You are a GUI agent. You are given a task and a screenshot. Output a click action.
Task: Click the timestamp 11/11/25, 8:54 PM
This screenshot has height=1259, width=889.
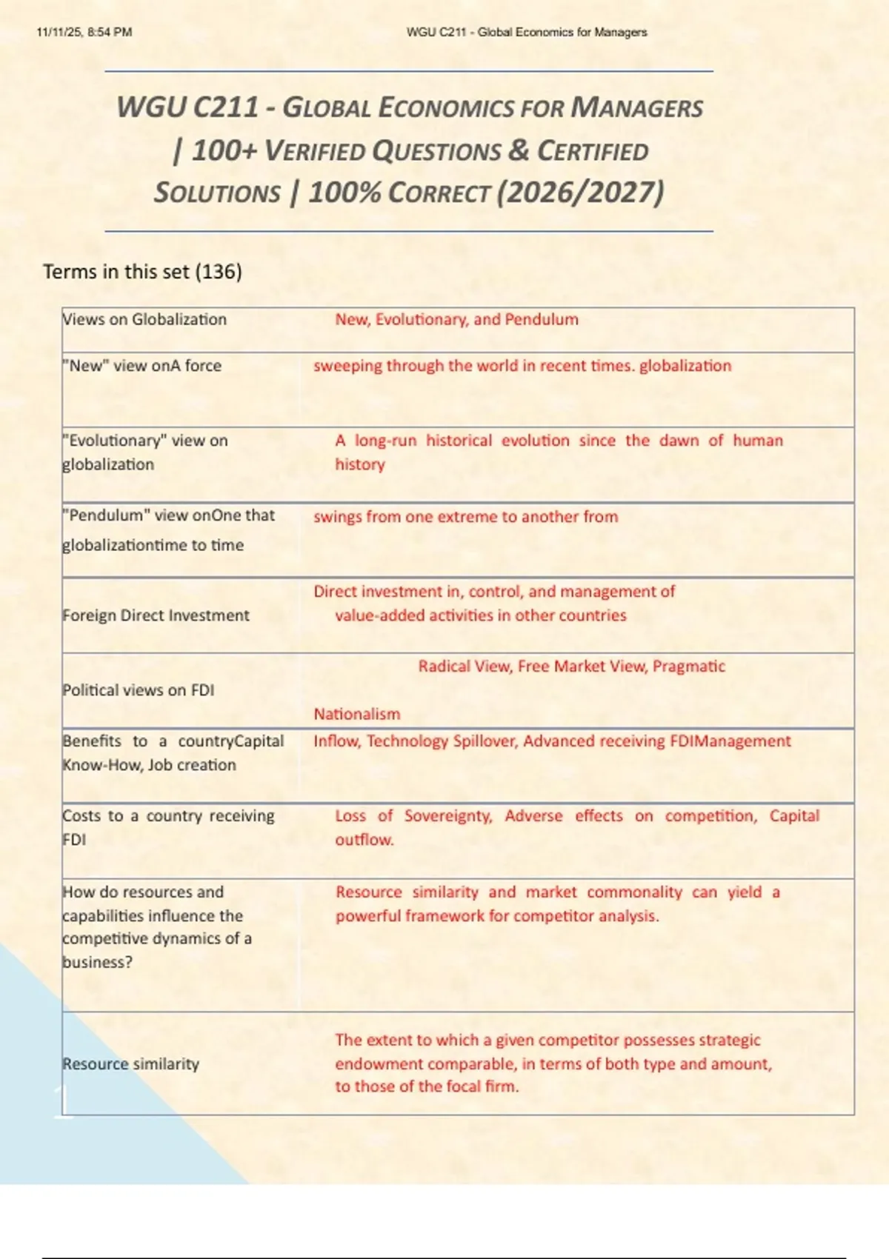coord(84,33)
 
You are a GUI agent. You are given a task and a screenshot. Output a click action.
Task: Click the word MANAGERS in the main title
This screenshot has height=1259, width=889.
coord(636,108)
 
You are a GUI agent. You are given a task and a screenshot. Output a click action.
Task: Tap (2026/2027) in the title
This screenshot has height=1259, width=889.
coord(580,193)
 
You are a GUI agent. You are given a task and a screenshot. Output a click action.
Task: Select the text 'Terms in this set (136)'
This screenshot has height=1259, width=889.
coord(142,272)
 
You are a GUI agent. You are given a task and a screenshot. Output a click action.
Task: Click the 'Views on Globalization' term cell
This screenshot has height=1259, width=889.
coord(144,319)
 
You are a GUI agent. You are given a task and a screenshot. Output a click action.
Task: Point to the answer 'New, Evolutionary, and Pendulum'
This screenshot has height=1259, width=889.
coord(456,319)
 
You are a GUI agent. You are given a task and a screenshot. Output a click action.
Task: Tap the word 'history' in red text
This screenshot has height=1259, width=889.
coord(360,464)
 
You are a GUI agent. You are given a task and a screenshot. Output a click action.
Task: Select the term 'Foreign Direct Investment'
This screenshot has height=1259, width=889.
coord(156,615)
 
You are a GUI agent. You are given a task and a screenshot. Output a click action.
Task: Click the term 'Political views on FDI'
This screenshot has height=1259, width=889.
coord(139,690)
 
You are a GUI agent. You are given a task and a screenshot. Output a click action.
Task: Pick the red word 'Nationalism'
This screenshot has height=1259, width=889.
coord(356,714)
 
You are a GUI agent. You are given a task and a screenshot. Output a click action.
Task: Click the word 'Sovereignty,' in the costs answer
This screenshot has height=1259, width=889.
coord(448,816)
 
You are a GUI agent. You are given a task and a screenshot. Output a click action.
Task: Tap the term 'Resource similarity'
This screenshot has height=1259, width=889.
coord(131,1064)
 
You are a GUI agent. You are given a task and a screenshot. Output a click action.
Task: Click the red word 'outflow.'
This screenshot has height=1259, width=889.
coord(364,840)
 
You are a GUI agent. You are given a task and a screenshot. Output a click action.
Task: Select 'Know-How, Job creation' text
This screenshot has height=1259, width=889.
coord(149,765)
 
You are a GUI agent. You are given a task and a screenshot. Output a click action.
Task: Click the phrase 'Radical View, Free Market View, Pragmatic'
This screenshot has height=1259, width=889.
coord(571,667)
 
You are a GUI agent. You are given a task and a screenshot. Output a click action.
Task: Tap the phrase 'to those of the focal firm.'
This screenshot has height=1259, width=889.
coord(427,1086)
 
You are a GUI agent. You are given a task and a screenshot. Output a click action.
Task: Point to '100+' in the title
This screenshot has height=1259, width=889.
coord(224,151)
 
